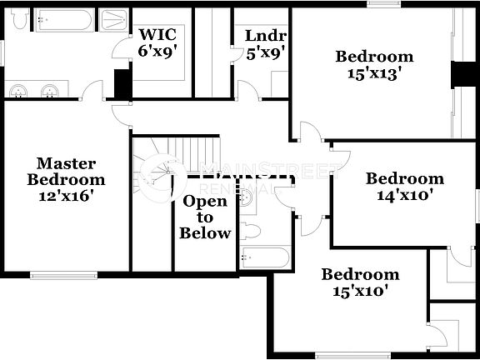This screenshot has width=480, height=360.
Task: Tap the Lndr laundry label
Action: click(265, 36)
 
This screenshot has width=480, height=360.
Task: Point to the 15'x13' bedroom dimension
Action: click(374, 72)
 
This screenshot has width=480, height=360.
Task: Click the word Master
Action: click(66, 163)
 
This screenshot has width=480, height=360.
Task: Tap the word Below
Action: click(205, 233)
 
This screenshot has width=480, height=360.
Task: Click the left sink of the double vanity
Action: click(18, 89)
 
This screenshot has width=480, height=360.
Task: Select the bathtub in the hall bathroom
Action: click(264, 257)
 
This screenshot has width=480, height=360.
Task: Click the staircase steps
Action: click(192, 154)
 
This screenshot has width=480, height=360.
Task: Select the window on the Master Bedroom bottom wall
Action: click(64, 274)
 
